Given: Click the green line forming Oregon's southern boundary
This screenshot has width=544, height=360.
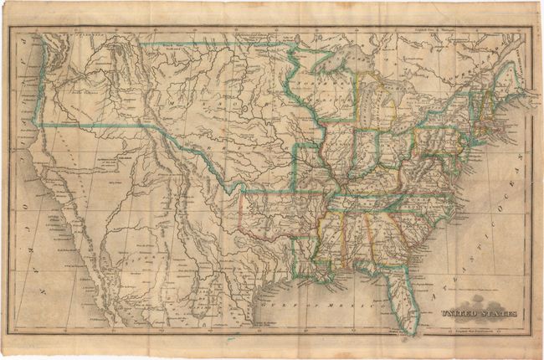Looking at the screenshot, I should click(84, 126).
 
